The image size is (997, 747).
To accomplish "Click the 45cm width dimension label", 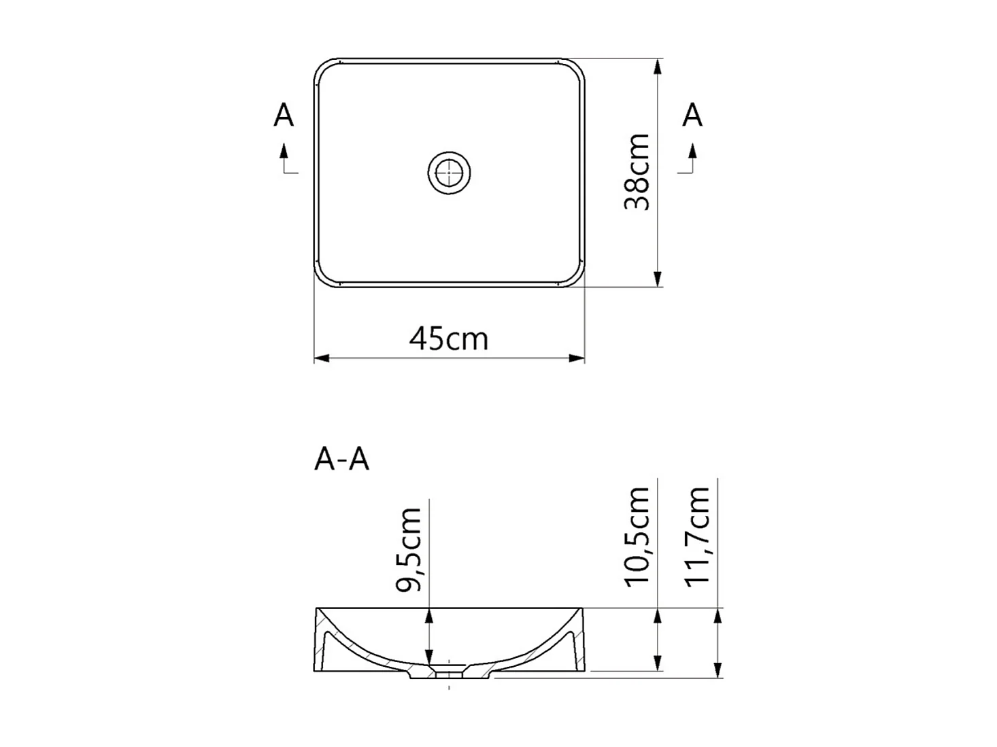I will point(448,338).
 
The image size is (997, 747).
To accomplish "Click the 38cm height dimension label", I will point(638,173).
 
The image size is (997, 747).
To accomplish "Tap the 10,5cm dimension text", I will point(638,536).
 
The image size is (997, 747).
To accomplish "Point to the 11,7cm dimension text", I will point(698,536).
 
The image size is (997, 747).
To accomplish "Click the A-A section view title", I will point(341,460).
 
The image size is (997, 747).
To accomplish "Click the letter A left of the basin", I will point(284,116).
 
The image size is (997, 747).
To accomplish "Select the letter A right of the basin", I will point(692,116).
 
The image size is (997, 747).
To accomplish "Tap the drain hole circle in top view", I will point(449,173).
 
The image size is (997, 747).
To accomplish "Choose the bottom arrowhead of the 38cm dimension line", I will point(658,279).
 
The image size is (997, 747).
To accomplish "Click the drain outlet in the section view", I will point(449,674).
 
